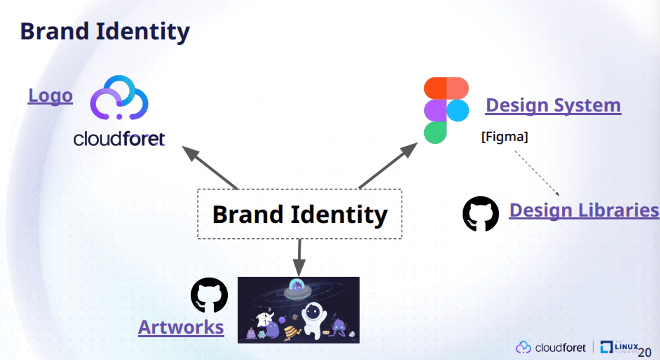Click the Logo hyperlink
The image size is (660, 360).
coord(50,96)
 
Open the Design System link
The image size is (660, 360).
coord(553,106)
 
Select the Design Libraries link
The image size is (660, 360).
coord(584,211)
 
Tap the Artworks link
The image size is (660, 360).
coord(181,327)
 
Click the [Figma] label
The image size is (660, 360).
coord(505,137)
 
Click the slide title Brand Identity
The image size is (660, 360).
coord(105,32)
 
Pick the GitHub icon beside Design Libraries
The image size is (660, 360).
coord(480,214)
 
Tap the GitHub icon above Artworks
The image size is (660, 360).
coord(209,295)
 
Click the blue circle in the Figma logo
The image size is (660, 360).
coord(458,111)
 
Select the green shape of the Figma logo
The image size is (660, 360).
coord(435,133)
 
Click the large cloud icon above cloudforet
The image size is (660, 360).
coord(119,97)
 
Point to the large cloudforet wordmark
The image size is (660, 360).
coord(119,139)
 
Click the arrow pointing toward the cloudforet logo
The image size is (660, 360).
coord(210,168)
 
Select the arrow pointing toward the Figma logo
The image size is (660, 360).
coord(388,166)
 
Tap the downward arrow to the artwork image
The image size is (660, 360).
coord(299,258)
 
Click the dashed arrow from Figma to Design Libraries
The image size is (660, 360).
coord(537,174)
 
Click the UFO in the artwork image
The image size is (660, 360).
coord(297,289)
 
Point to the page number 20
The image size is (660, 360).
coord(644,352)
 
